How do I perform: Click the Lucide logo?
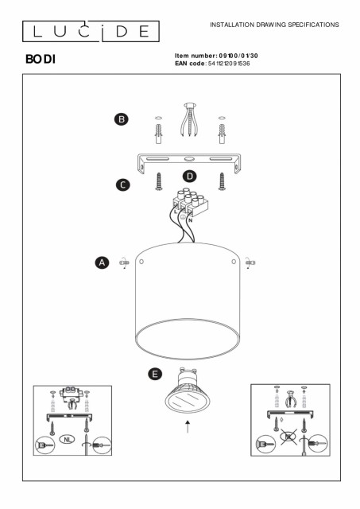click(x=91, y=31)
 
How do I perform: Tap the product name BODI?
click(x=41, y=59)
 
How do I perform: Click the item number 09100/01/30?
click(x=238, y=56)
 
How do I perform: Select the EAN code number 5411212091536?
click(x=229, y=64)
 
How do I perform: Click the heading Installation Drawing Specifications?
click(x=274, y=25)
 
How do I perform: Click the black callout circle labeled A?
click(x=103, y=262)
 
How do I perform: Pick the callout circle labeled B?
click(x=122, y=119)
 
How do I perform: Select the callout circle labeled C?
click(x=123, y=185)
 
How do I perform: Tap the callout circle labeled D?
click(x=190, y=177)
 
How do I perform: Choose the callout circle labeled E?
click(x=155, y=374)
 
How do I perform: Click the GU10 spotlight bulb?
click(x=188, y=390)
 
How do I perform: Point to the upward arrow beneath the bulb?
click(x=188, y=426)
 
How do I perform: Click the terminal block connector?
click(x=190, y=202)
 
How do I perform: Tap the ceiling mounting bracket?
click(x=189, y=163)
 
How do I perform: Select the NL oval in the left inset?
click(x=68, y=440)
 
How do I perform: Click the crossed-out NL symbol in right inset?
click(x=288, y=437)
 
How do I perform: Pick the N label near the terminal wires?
click(x=191, y=220)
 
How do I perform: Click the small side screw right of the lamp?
click(x=250, y=262)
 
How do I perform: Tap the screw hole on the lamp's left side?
click(x=141, y=262)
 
